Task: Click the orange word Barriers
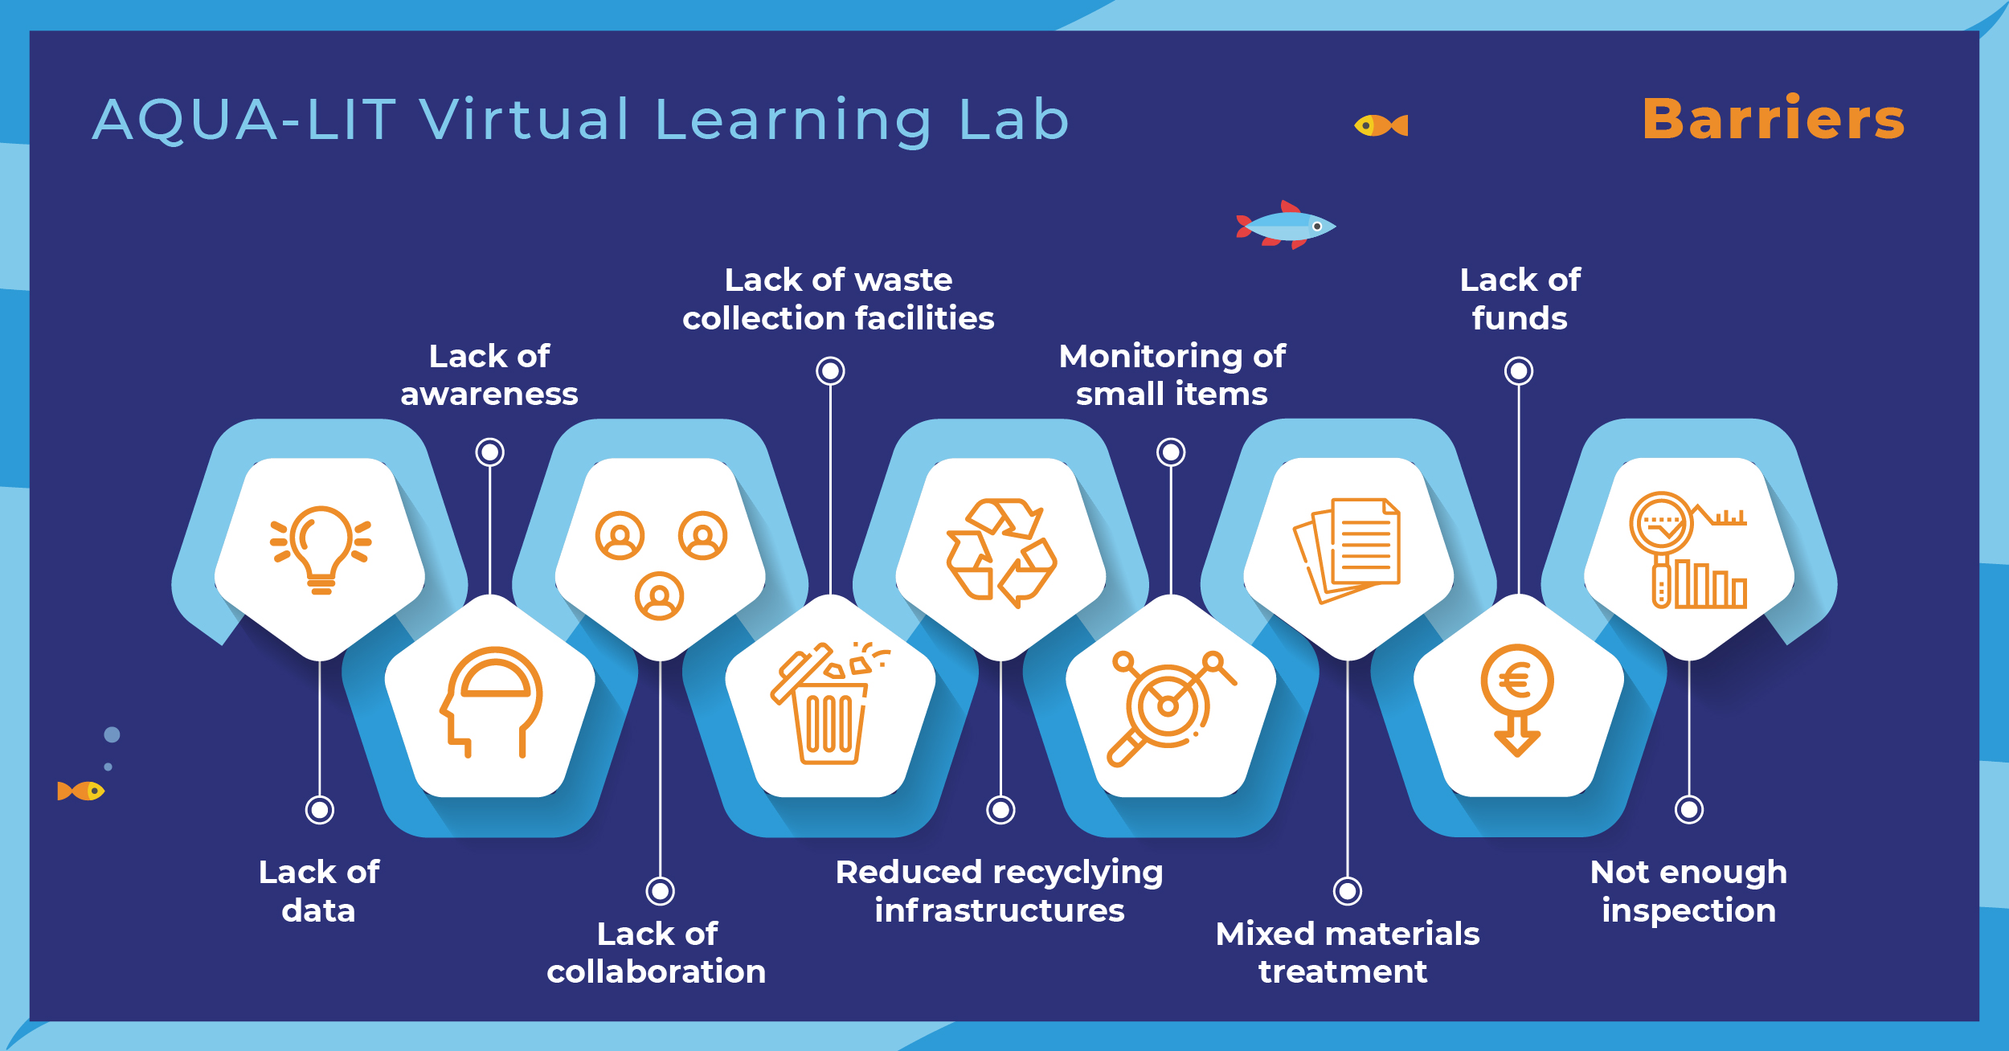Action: coord(1773,119)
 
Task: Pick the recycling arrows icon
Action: coord(1001,553)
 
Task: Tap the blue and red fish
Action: coord(1286,226)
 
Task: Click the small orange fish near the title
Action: coord(1381,126)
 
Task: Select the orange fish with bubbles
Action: coord(81,791)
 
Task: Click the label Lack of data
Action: coord(319,891)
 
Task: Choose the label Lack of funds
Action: coord(1519,299)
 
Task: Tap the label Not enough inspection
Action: coord(1688,891)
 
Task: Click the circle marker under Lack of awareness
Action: coord(489,452)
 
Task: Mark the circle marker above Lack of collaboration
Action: coord(660,891)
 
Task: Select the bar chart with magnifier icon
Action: coord(1688,551)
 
